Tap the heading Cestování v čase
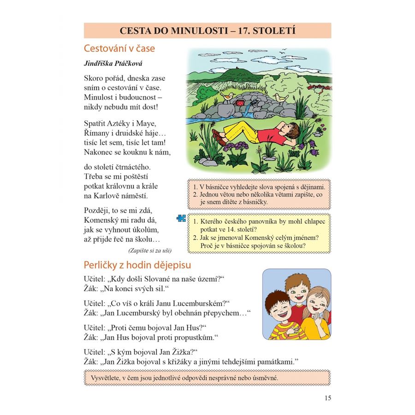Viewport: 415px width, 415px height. click(119, 48)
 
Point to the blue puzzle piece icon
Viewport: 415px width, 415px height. click(181, 218)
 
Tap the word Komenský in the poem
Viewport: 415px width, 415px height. click(105, 219)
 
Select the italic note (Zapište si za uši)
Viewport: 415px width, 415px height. click(150, 250)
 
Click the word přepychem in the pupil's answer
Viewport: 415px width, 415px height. click(222, 313)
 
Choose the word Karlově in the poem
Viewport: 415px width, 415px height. click(111, 196)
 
